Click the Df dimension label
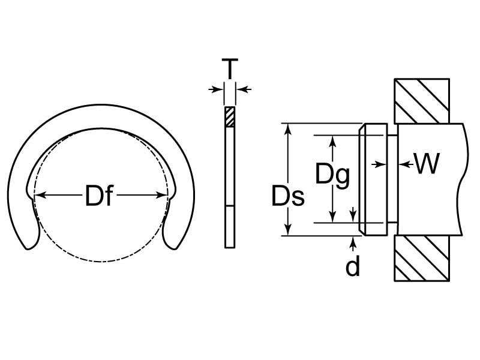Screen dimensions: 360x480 pyautogui.click(x=99, y=196)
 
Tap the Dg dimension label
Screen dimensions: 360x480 pyautogui.click(x=332, y=175)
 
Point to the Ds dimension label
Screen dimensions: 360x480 pyautogui.click(x=288, y=196)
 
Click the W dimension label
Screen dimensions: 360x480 pyautogui.click(x=427, y=164)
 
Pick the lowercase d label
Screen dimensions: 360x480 pyautogui.click(x=353, y=267)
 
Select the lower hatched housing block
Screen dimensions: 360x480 pyautogui.click(x=421, y=259)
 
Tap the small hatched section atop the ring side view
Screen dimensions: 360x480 pyautogui.click(x=230, y=116)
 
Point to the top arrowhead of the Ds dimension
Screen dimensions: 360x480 pyautogui.click(x=289, y=128)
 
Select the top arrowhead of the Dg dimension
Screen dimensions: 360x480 pyautogui.click(x=332, y=139)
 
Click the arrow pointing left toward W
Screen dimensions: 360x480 pyautogui.click(x=403, y=163)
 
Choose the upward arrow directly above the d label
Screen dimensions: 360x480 pyautogui.click(x=353, y=241)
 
